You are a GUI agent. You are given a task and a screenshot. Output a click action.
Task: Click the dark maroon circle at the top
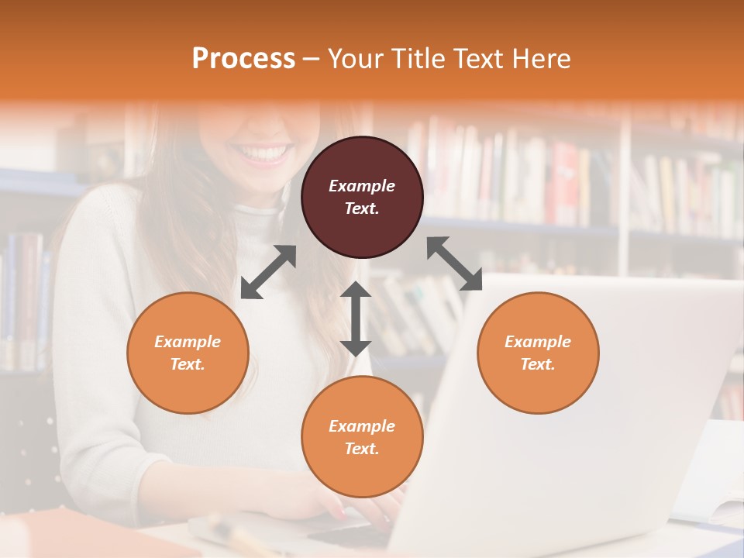[x=362, y=198]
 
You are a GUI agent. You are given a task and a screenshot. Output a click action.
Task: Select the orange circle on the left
[x=188, y=353]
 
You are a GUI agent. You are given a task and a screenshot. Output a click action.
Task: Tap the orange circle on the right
[x=538, y=353]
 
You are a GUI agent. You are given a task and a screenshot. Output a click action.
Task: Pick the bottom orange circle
[x=362, y=437]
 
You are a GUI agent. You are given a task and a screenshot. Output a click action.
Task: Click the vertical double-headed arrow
[x=356, y=319]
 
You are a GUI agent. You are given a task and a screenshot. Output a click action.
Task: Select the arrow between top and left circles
[x=268, y=272]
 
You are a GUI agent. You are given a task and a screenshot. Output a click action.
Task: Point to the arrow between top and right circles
[x=454, y=263]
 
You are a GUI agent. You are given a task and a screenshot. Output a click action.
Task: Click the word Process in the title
[x=243, y=58]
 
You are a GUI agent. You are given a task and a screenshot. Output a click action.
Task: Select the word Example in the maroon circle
[x=362, y=186]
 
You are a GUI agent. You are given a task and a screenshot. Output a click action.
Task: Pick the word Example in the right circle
[x=538, y=342]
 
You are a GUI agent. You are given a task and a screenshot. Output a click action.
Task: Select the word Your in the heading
[x=353, y=58]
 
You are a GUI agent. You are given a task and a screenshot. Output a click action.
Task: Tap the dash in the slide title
[x=311, y=58]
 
